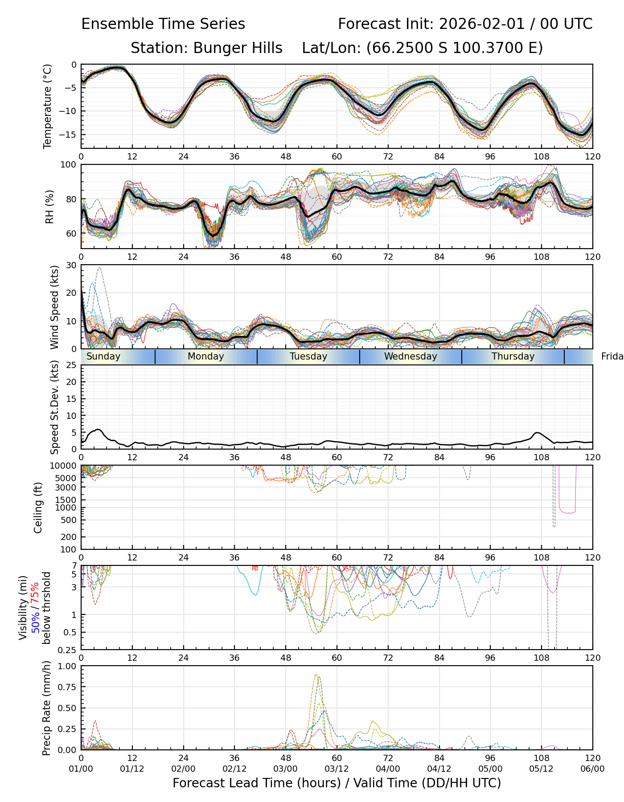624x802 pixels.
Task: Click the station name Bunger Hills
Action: pos(237,48)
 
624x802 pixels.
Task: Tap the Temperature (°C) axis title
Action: pos(48,106)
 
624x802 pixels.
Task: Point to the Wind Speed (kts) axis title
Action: pos(54,307)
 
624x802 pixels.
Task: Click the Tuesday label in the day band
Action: pos(308,356)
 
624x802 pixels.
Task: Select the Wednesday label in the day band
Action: pos(411,356)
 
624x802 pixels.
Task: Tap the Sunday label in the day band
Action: pos(103,356)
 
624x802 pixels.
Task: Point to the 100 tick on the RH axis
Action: pos(69,165)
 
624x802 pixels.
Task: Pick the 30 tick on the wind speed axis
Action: pos(71,265)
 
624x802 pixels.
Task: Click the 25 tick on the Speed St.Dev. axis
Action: pos(71,365)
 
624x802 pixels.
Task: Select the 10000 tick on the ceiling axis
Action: pos(65,466)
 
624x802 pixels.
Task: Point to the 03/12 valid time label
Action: pos(337,769)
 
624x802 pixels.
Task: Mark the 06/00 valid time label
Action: pos(592,769)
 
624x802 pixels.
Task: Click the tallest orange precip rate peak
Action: pos(316,675)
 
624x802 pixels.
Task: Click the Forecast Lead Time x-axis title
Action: pos(337,783)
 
